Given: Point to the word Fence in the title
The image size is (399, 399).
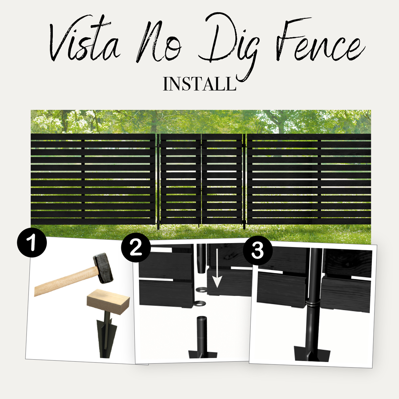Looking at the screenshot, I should [x=319, y=42].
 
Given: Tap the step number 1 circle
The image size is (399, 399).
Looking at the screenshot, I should [x=32, y=243].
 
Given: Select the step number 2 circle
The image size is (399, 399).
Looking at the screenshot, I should [x=136, y=248].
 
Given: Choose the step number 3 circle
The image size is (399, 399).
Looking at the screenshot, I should [x=258, y=250].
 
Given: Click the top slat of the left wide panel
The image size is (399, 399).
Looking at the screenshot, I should [x=93, y=136].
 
